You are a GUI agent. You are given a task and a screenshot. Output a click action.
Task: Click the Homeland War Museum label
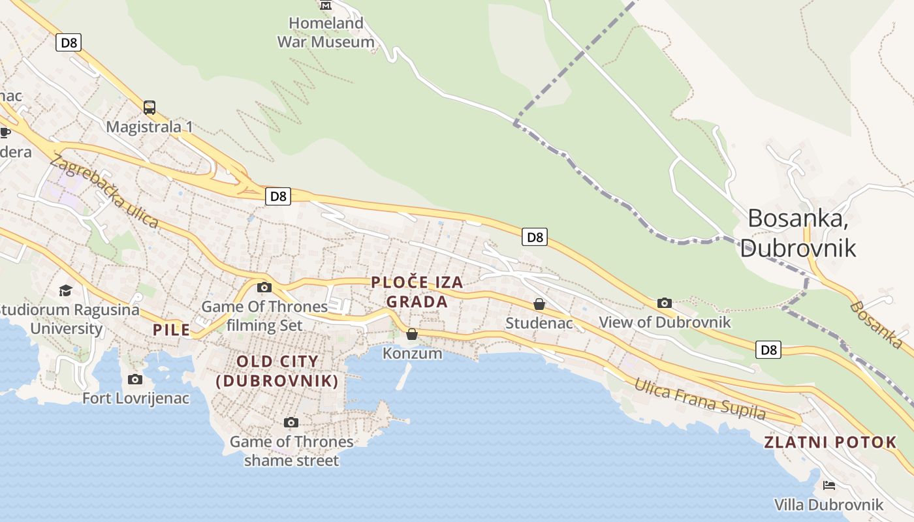326,33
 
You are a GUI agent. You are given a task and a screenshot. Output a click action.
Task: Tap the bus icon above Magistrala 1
150,107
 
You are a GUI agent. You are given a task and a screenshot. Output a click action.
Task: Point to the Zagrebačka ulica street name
104,191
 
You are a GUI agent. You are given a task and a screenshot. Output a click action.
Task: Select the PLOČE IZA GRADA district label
417,292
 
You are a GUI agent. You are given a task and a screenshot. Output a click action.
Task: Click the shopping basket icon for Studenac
539,304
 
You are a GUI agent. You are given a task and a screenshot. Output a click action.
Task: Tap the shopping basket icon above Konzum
412,335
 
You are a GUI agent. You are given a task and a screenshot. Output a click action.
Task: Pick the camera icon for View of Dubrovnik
665,303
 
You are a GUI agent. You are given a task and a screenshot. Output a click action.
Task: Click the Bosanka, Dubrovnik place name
798,233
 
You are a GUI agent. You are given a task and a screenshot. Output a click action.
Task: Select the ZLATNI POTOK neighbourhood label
830,442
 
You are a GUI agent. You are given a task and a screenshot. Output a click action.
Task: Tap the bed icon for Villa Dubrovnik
829,485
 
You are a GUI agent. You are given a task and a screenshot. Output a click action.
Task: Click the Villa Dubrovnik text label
828,504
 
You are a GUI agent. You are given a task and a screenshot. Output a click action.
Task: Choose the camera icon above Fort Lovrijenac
135,379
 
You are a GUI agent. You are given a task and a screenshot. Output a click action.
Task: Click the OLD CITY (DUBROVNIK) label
277,371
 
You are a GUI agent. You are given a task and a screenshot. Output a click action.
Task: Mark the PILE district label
172,330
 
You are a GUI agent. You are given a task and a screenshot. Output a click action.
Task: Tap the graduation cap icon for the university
66,290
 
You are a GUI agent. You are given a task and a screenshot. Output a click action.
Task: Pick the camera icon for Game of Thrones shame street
291,423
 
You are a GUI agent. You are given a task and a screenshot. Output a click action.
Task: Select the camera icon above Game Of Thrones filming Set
264,287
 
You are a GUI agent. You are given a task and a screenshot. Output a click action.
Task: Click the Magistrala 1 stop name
150,127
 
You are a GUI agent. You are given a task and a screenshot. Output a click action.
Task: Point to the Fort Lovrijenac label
136,397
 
